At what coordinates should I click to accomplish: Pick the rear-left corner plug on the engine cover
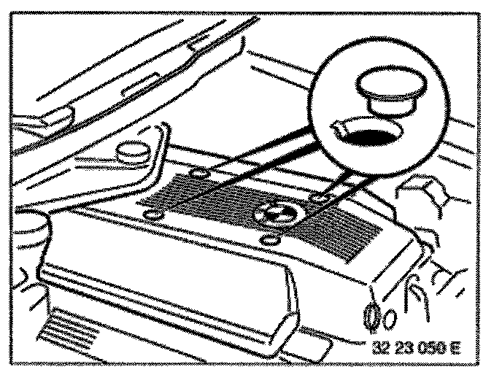[x=200, y=173]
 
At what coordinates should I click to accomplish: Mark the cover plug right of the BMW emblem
[x=318, y=198]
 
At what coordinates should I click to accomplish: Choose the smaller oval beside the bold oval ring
[x=391, y=318]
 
